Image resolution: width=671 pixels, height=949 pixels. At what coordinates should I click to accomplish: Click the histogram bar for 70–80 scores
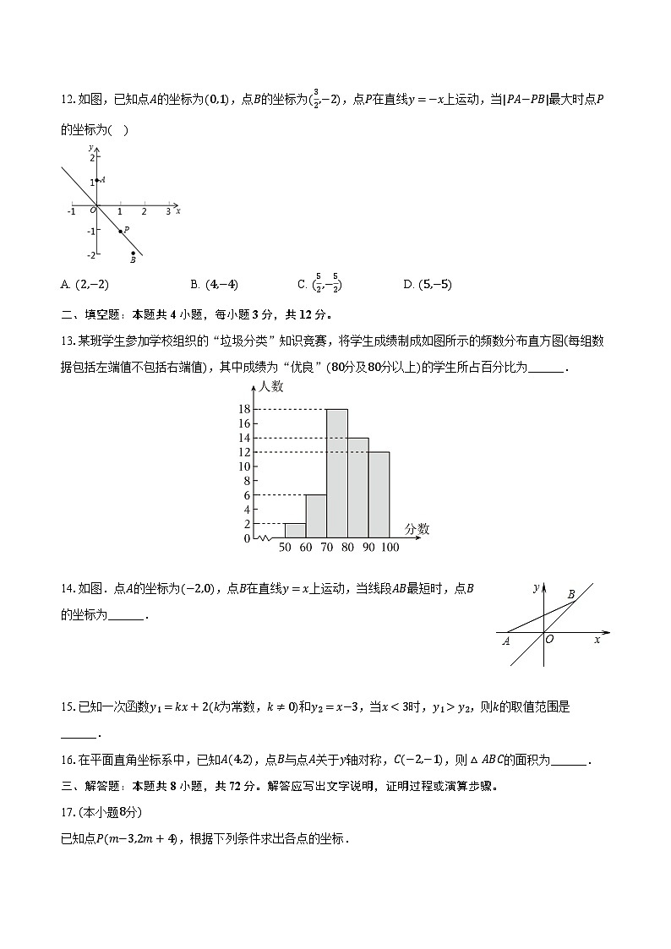[x=337, y=473]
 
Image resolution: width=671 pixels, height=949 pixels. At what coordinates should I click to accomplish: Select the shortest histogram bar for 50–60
[x=295, y=531]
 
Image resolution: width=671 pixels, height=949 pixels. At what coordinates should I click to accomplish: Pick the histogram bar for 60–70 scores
[x=316, y=516]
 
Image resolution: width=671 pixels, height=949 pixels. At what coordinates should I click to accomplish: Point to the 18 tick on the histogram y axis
[x=244, y=409]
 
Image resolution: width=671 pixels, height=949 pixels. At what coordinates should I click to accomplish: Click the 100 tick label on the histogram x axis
[x=390, y=548]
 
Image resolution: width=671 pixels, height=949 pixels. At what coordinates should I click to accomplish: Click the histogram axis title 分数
[x=417, y=529]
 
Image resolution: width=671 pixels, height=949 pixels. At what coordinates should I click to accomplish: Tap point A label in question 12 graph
[x=102, y=180]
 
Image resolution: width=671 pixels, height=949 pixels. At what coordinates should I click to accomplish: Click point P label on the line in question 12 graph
[x=126, y=229]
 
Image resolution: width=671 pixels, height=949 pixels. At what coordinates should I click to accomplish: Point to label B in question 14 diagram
[x=571, y=595]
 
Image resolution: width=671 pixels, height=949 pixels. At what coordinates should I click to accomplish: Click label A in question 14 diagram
[x=506, y=641]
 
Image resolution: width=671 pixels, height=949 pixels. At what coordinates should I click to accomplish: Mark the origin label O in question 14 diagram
[x=549, y=640]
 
